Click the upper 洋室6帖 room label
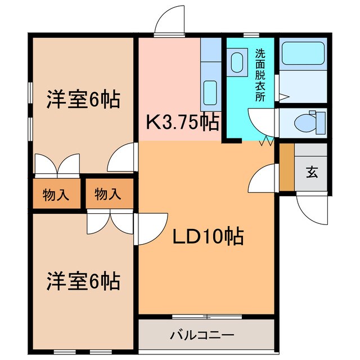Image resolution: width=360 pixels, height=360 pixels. pos(82,100)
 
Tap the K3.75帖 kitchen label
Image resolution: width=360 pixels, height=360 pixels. pos(182,121)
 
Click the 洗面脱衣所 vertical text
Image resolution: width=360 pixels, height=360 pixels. pos(260,74)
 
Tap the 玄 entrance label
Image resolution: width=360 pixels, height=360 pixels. pos(311,172)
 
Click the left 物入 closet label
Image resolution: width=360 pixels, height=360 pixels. pos(56,195)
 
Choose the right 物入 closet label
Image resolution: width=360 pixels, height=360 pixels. pos(108,195)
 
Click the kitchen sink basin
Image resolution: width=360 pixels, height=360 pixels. pos(210,89)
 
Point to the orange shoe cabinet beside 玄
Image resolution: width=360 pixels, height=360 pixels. pos(286,167)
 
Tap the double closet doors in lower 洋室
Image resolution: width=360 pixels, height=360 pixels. pos(110,223)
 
